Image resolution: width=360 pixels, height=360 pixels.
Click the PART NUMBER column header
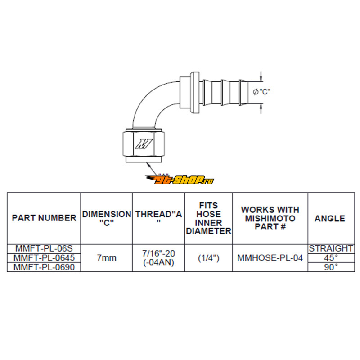(44, 218)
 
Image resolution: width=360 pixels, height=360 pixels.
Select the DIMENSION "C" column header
(107, 218)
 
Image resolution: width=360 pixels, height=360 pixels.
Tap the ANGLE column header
(330, 218)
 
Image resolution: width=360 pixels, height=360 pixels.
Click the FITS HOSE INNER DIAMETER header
(208, 218)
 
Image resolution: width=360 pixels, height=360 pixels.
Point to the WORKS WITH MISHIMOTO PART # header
(270, 218)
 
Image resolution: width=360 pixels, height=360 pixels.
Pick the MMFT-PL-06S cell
(44, 248)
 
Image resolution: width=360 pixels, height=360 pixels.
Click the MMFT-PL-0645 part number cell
(44, 258)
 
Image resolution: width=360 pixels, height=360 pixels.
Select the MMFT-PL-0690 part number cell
(44, 267)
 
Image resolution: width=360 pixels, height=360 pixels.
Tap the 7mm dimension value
(107, 258)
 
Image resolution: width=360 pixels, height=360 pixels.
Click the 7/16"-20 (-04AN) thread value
(158, 258)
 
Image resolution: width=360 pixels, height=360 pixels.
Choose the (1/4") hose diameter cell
(208, 258)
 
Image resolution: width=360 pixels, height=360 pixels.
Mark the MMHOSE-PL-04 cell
(270, 258)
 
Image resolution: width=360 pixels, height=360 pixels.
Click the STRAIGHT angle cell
(331, 248)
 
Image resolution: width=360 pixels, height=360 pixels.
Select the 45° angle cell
(331, 258)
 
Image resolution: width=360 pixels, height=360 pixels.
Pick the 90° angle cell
(331, 267)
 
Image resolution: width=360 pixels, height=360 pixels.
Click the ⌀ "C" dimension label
(261, 92)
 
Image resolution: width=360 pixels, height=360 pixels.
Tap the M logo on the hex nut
(144, 144)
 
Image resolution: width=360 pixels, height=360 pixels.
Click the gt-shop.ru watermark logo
(180, 180)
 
